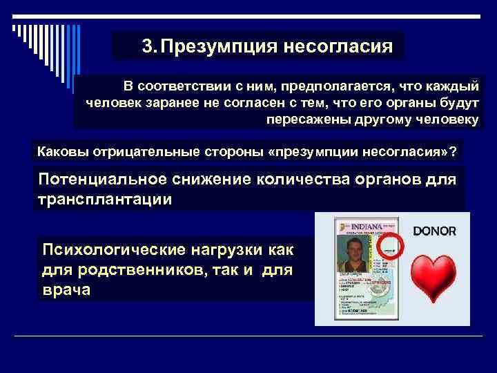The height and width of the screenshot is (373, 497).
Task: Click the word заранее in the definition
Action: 162,104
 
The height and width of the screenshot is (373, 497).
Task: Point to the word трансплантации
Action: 105,199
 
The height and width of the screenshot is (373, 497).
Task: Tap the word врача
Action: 66,289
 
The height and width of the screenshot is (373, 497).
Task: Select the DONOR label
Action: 434,231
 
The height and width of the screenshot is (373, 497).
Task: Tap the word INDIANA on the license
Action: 371,227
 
